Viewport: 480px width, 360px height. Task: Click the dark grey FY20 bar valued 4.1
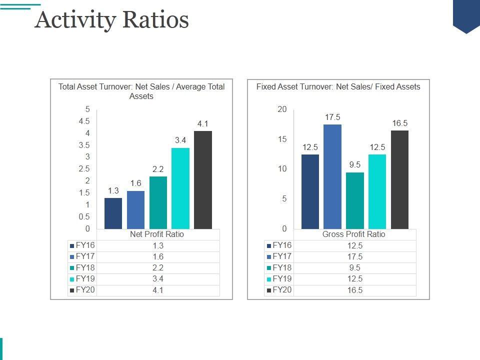coord(202,180)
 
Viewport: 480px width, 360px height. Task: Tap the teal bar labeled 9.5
coord(355,200)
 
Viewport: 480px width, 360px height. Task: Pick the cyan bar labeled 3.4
coord(180,188)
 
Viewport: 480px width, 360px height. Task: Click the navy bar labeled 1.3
coord(113,213)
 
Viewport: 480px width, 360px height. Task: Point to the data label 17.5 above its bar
coord(332,117)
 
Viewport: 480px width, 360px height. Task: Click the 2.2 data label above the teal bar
coord(158,169)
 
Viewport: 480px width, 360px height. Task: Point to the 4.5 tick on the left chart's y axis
coord(84,121)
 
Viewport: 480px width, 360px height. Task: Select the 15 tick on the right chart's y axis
coord(283,139)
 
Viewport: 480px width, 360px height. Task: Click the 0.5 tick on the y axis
coord(84,217)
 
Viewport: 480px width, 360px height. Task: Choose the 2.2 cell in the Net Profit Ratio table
coord(158,268)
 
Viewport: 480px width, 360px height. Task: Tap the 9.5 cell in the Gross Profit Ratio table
coord(355,268)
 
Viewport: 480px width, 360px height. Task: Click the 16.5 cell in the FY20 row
coord(355,290)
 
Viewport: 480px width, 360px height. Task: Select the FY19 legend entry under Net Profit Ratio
coord(82,279)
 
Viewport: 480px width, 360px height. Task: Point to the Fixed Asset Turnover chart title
coord(338,87)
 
